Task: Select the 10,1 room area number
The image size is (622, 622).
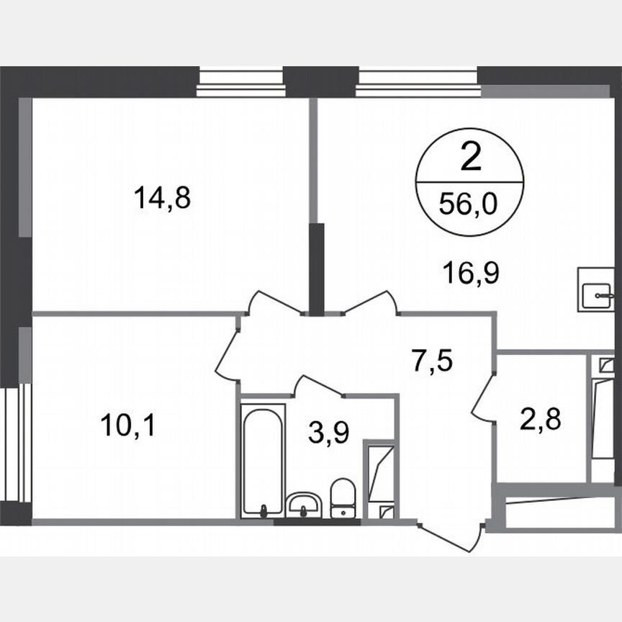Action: (128, 425)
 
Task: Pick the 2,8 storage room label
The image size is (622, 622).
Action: (541, 418)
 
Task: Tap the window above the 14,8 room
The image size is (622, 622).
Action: (240, 81)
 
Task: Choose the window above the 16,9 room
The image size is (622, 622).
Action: (417, 81)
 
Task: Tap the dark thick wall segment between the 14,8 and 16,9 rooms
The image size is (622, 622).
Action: (316, 268)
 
